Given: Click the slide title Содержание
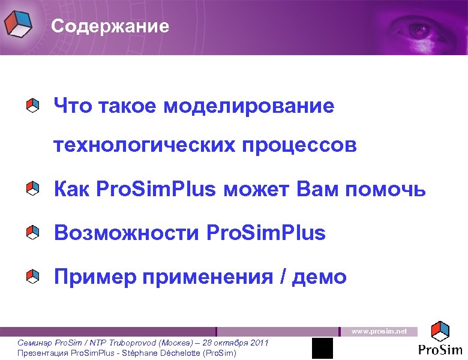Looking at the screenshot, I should pyautogui.click(x=110, y=27).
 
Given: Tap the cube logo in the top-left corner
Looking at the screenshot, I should pyautogui.click(x=18, y=24).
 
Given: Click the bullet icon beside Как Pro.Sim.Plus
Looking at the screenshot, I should pyautogui.click(x=33, y=190).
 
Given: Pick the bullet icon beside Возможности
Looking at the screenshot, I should pyautogui.click(x=33, y=232).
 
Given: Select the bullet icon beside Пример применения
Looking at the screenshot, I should pyautogui.click(x=33, y=277).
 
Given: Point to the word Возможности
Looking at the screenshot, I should pyautogui.click(x=125, y=232).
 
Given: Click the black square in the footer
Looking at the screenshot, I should pyautogui.click(x=323, y=348).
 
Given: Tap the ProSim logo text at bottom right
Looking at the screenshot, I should pyautogui.click(x=440, y=349).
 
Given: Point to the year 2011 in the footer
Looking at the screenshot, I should pyautogui.click(x=259, y=342).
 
